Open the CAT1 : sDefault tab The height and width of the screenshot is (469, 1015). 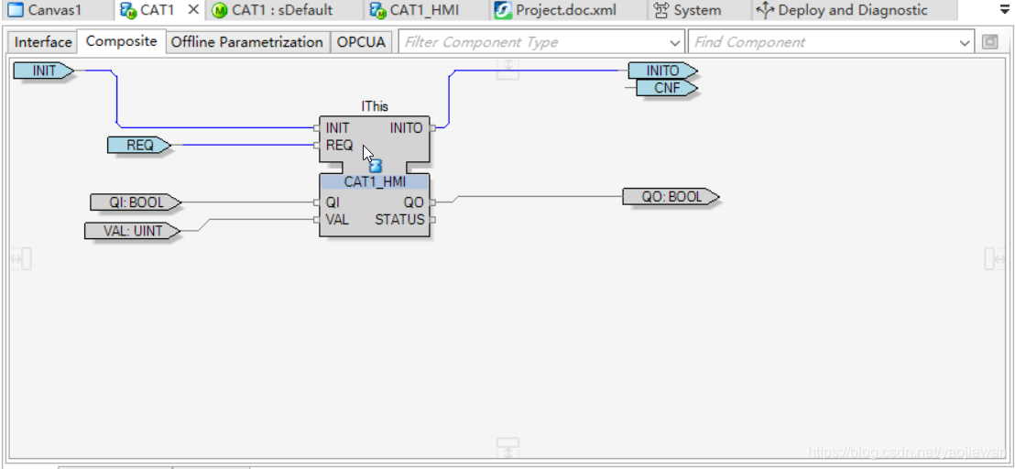[x=272, y=11]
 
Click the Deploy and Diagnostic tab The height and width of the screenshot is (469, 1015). [x=842, y=11]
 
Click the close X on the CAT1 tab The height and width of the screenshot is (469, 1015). [x=193, y=10]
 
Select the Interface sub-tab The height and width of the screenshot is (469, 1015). [x=43, y=42]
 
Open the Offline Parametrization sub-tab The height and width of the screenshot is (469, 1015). [x=247, y=42]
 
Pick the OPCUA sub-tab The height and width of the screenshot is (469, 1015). [x=361, y=42]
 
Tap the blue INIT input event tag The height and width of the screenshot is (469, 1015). [x=44, y=71]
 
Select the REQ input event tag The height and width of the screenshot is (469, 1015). [x=139, y=145]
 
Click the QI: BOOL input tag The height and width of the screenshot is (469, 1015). [x=134, y=202]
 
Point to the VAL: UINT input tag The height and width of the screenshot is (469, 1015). [x=132, y=231]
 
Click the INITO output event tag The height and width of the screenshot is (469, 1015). [x=662, y=71]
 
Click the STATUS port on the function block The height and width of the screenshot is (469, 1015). [x=399, y=220]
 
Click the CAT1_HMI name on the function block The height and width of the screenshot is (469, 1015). [x=374, y=182]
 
